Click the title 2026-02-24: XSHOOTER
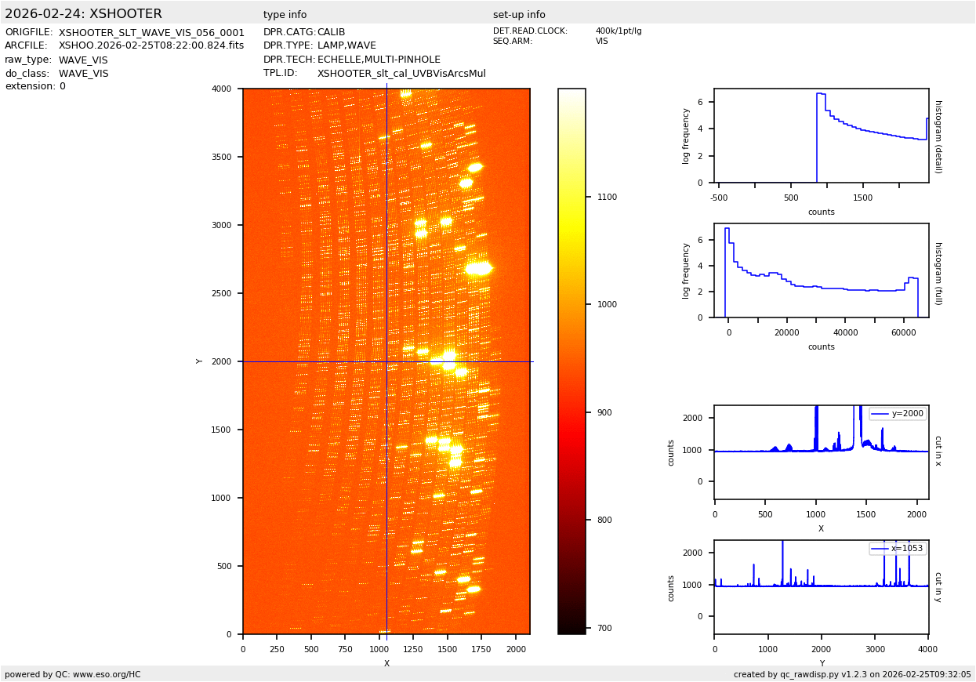(x=83, y=14)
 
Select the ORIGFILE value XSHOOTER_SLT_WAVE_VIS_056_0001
(x=151, y=33)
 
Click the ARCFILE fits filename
(x=151, y=45)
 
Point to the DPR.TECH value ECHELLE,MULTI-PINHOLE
(x=379, y=60)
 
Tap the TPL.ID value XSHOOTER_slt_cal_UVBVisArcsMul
(x=401, y=74)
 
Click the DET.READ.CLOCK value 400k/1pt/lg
(x=618, y=31)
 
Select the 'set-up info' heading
(x=519, y=15)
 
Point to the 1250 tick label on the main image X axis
(x=413, y=649)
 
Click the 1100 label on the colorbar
(x=607, y=198)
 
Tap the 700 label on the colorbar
(x=604, y=628)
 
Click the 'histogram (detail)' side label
(x=938, y=136)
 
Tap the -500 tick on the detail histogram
(x=719, y=198)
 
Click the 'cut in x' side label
(x=938, y=451)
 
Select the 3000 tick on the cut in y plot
(x=875, y=649)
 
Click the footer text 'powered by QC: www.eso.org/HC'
(x=73, y=674)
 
